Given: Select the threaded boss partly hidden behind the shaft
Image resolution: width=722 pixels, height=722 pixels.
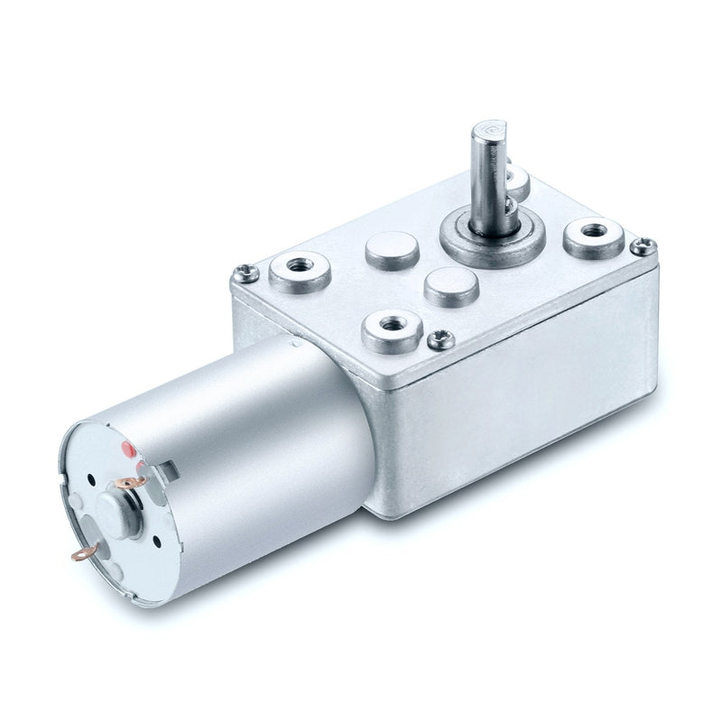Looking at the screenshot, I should click(518, 178).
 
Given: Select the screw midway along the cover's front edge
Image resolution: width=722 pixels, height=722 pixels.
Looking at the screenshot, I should click(440, 338).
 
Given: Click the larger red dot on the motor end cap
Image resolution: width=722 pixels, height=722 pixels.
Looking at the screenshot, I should click(128, 448).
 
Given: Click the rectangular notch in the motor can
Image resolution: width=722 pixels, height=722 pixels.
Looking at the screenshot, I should click(168, 467).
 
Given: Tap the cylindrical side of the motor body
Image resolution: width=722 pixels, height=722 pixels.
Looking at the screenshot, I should click(262, 451).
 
